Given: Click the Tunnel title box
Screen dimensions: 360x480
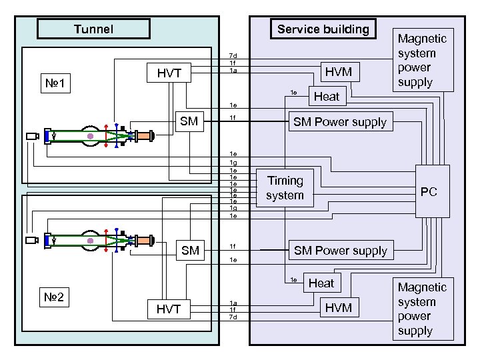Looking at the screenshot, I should click(93, 29).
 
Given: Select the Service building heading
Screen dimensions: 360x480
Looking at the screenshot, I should click(323, 29).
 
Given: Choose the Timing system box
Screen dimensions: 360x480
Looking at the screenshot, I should click(285, 188).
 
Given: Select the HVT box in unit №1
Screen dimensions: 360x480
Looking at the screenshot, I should click(169, 73).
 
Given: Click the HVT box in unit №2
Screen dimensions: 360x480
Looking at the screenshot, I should click(169, 309).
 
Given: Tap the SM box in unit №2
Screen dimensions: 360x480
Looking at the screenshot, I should click(190, 251).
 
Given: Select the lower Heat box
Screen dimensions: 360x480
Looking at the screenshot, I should click(321, 283).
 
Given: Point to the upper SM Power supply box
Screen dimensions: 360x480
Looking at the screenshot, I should click(340, 122).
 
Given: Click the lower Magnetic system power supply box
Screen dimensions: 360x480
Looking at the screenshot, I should click(422, 309).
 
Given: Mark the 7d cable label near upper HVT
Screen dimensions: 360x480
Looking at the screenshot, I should click(233, 55).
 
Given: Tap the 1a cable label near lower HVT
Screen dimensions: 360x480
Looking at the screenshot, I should click(233, 302).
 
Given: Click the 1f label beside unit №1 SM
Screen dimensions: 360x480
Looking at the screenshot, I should click(233, 119).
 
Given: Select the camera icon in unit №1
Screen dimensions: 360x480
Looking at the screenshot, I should click(31, 136).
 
